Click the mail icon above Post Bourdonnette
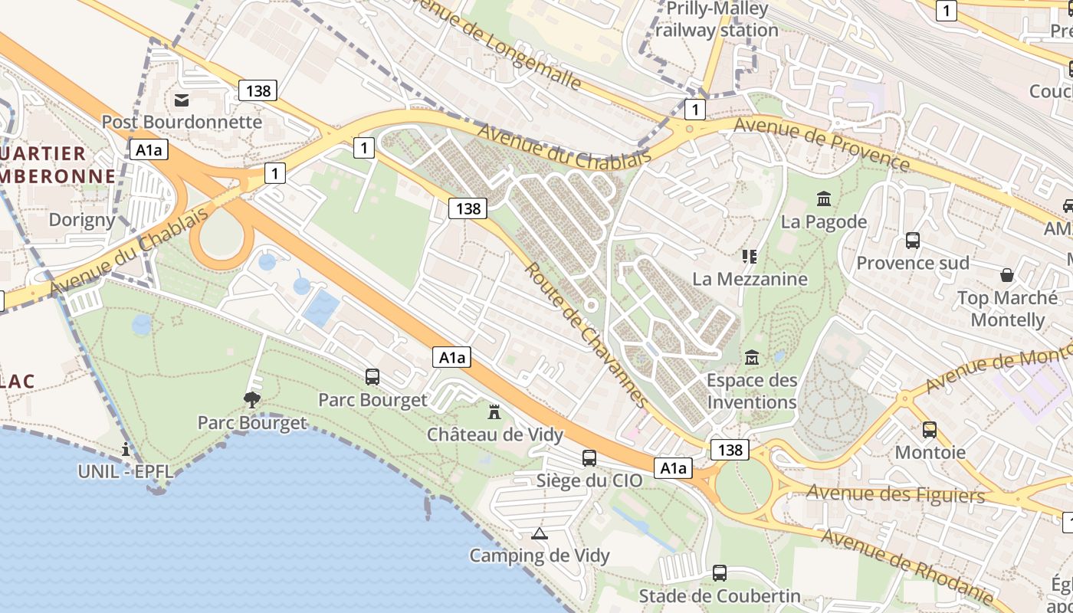pos(182,100)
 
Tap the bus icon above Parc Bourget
pos(372,377)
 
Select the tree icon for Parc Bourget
pos(251,399)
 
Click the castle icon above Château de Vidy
pos(494,412)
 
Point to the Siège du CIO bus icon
pos(589,458)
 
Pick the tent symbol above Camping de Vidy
pos(540,533)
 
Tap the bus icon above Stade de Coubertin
pos(719,572)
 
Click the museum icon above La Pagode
pos(824,199)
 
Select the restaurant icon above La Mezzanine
pos(749,256)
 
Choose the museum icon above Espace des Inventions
pos(751,358)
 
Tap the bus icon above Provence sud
pos(912,241)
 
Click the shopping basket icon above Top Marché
pos(1007,275)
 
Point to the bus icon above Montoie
pos(930,430)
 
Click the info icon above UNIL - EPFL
pos(126,449)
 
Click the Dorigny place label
pos(82,220)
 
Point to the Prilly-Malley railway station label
pos(717,20)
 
